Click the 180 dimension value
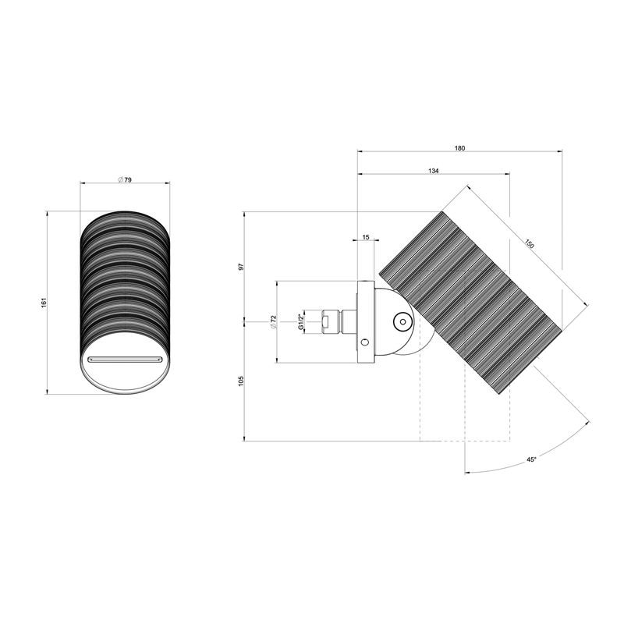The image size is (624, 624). tap(459, 148)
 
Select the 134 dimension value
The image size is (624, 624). tap(434, 171)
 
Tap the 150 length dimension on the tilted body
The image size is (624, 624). tap(529, 243)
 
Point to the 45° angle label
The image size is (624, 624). tap(531, 459)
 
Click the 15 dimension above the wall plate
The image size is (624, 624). tap(366, 237)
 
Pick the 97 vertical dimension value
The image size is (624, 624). tap(241, 267)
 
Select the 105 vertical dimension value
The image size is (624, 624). tap(241, 381)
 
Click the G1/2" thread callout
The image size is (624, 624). tap(301, 321)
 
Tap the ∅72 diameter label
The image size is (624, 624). tap(273, 322)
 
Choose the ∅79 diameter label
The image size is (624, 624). tap(125, 180)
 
